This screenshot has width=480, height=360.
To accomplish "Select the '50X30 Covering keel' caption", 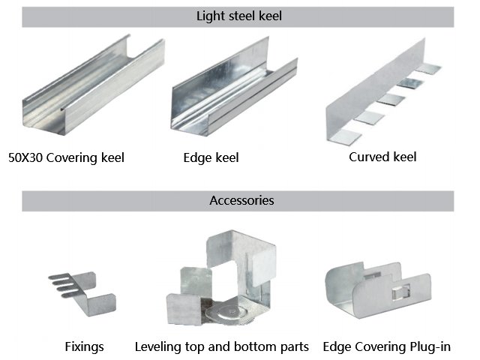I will click(66, 157).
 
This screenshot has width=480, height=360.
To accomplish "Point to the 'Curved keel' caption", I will click(382, 157).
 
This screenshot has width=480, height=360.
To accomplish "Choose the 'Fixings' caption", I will click(83, 346).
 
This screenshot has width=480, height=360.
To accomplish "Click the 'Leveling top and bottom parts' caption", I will click(221, 346).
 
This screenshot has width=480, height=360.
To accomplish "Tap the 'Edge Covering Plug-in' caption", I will click(386, 346).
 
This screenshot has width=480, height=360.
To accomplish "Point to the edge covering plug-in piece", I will click(379, 289).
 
